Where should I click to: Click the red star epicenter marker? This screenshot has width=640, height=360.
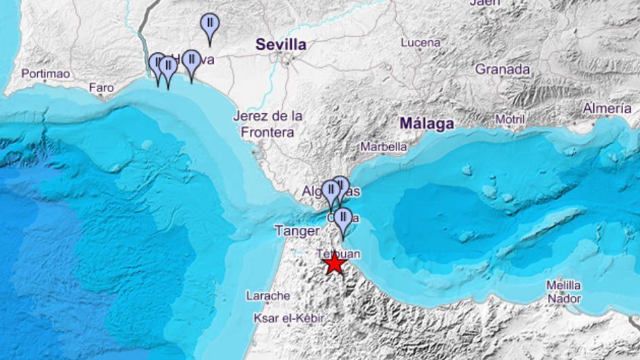pyautogui.click(x=334, y=264)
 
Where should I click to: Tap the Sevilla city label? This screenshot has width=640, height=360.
pyautogui.click(x=281, y=45)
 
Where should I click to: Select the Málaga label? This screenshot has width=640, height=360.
pyautogui.click(x=426, y=123)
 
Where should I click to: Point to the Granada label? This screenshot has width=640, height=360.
pyautogui.click(x=502, y=69)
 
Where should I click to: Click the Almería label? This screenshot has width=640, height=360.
pyautogui.click(x=607, y=108)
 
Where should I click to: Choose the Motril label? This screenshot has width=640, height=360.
pyautogui.click(x=510, y=119)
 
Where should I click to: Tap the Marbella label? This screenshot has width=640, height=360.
pyautogui.click(x=384, y=146)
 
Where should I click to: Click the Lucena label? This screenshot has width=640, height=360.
pyautogui.click(x=420, y=42)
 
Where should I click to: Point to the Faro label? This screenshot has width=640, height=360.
pyautogui.click(x=101, y=87)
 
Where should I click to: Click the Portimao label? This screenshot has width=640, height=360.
pyautogui.click(x=46, y=74)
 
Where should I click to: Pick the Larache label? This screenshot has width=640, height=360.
pyautogui.click(x=268, y=296)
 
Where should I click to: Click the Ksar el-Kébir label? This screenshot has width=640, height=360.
pyautogui.click(x=288, y=318)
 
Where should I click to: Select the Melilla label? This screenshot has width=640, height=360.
pyautogui.click(x=564, y=285)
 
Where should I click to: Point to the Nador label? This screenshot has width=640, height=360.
pyautogui.click(x=564, y=298)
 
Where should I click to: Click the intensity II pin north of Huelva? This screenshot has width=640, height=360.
pyautogui.click(x=209, y=26)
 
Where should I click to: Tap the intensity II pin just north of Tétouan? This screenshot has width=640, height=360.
pyautogui.click(x=344, y=220)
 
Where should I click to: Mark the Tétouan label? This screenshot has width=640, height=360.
pyautogui.click(x=339, y=253)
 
